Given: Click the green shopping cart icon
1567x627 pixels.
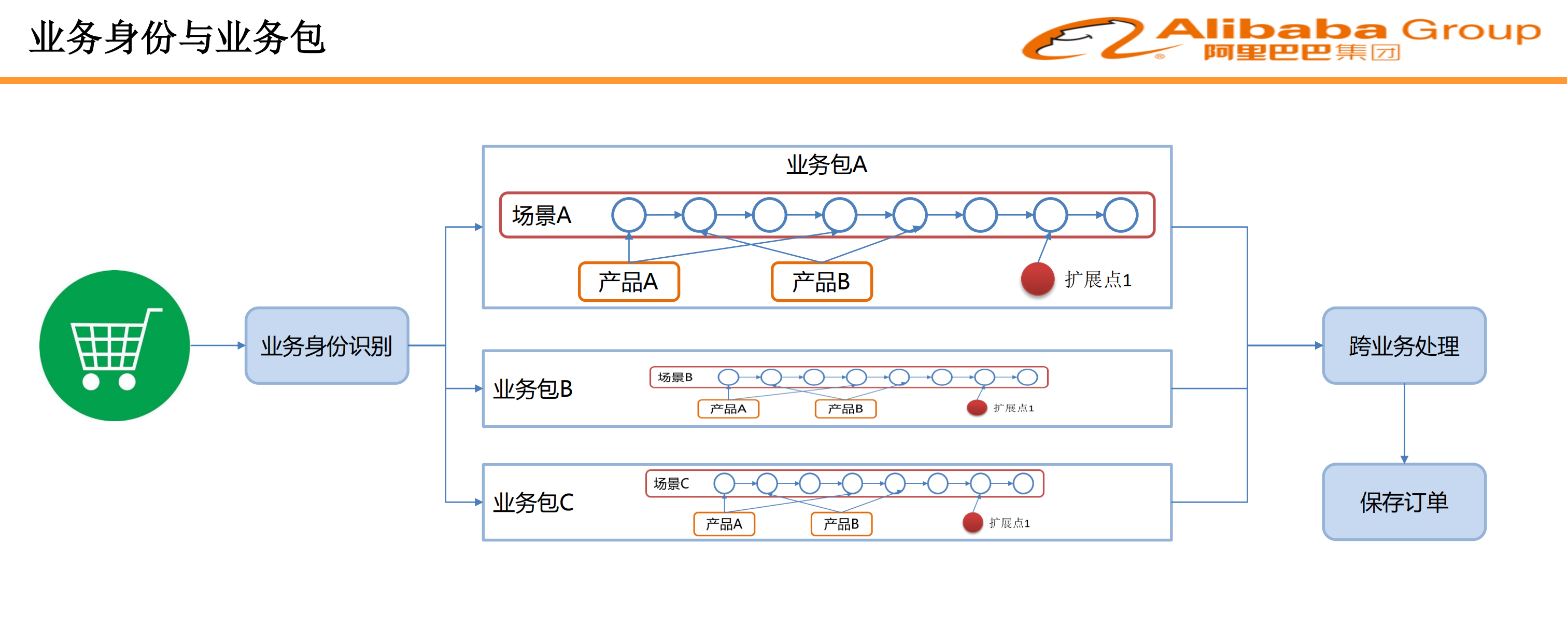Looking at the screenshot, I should [115, 345].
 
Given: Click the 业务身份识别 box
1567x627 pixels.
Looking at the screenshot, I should [327, 345].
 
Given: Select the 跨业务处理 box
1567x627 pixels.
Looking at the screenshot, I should [1403, 345].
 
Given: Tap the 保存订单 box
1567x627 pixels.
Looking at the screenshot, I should [1403, 501].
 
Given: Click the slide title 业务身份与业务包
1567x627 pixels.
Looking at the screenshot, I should [177, 38].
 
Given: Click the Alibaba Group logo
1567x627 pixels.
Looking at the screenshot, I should [1280, 38].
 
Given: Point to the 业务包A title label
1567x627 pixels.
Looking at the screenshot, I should [826, 164].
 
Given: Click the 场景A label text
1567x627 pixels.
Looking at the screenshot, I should [541, 216].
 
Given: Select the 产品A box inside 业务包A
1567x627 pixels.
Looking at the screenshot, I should [628, 281].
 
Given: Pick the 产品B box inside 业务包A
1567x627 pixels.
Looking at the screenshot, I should [821, 281].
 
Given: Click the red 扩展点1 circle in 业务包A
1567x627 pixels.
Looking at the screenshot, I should [1037, 280].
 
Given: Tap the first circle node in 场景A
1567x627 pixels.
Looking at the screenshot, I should [628, 215].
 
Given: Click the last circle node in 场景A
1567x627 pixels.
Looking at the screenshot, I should [1121, 215].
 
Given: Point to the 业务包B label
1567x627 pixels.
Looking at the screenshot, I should [533, 388].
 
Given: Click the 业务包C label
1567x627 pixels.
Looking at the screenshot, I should [533, 502].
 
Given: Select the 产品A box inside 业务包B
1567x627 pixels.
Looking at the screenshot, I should [728, 409].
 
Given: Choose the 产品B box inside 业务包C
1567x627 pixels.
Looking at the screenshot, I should [841, 523].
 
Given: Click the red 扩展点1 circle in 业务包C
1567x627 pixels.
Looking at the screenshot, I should [972, 522].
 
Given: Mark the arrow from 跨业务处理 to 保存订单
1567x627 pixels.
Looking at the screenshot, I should [1404, 423].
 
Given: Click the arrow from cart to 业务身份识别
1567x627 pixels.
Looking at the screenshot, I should [217, 345].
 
